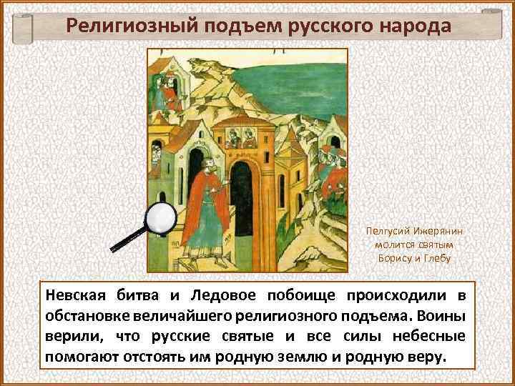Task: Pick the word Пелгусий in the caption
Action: pyautogui.click(x=386, y=232)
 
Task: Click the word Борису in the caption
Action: pyautogui.click(x=396, y=258)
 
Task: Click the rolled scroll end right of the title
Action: pyautogui.click(x=493, y=25)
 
